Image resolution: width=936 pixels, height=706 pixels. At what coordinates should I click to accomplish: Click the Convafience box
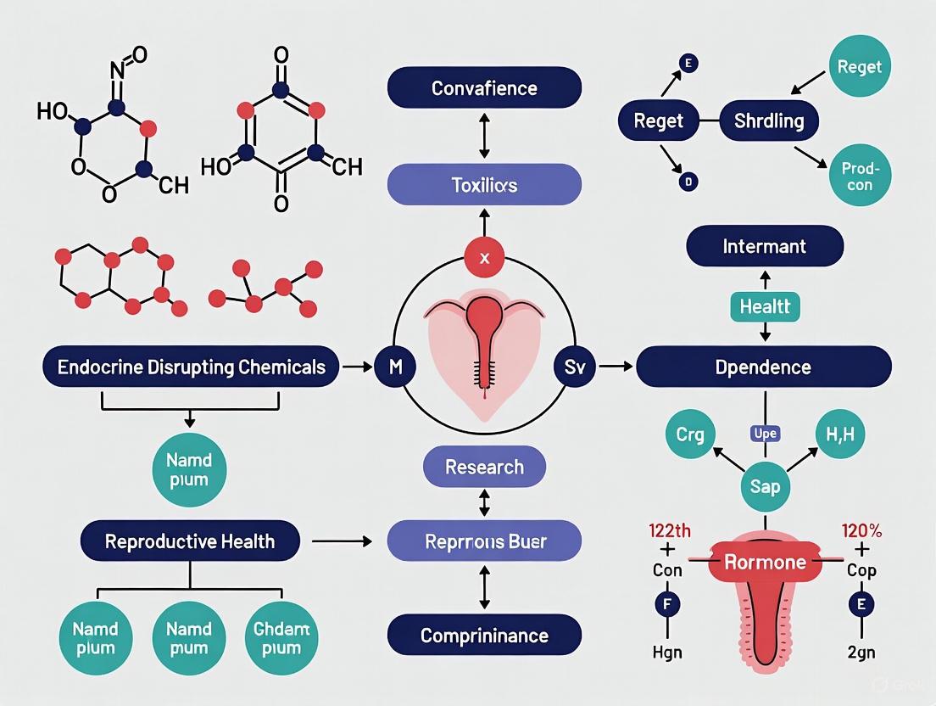(x=484, y=88)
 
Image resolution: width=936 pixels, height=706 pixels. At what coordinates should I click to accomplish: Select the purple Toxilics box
(x=484, y=184)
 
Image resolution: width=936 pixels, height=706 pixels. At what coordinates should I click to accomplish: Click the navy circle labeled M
(x=396, y=367)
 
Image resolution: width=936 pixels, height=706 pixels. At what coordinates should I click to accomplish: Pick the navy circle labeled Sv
(x=574, y=367)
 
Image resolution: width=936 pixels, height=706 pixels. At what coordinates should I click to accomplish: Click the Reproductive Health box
(x=190, y=541)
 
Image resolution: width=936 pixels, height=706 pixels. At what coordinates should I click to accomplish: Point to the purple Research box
(x=484, y=467)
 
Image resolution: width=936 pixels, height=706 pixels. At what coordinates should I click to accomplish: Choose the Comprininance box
(x=484, y=636)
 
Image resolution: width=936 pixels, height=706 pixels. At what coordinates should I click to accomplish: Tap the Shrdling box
(x=768, y=120)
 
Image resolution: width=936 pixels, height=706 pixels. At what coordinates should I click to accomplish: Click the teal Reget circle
(x=860, y=67)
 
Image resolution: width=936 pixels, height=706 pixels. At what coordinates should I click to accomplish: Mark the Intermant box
(x=764, y=247)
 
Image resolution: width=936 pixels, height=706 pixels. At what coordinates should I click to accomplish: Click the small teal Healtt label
(x=764, y=306)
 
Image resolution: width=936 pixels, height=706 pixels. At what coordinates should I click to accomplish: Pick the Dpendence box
(x=763, y=367)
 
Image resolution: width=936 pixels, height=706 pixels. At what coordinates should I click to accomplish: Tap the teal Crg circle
(x=690, y=434)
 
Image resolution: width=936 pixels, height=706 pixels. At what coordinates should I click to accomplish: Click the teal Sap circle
(x=765, y=487)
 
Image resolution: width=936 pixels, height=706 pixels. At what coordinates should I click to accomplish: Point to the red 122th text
(x=669, y=531)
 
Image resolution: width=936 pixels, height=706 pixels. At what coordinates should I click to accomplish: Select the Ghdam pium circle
(x=281, y=639)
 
